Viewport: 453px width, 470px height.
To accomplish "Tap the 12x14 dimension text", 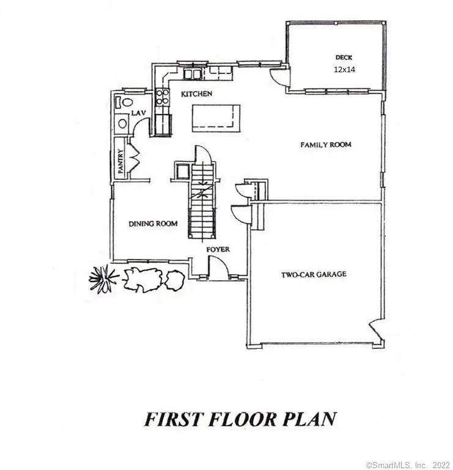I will pos(344,70).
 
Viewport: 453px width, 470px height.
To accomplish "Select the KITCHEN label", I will pos(196,94).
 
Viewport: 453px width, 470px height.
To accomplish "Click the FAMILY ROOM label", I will pos(326,145).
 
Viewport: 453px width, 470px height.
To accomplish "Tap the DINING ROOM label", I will pos(153,224).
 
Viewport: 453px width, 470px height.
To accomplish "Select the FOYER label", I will pos(218,249).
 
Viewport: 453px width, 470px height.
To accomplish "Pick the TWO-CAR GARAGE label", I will pos(314,275).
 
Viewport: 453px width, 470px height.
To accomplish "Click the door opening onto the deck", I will pos(278,77).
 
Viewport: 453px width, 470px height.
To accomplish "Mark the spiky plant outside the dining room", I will pos(103,279).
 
